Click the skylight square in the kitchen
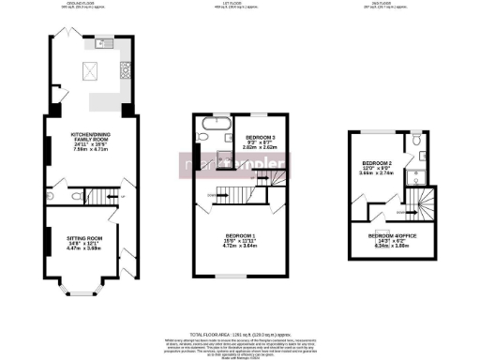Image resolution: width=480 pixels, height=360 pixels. click(x=91, y=68)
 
